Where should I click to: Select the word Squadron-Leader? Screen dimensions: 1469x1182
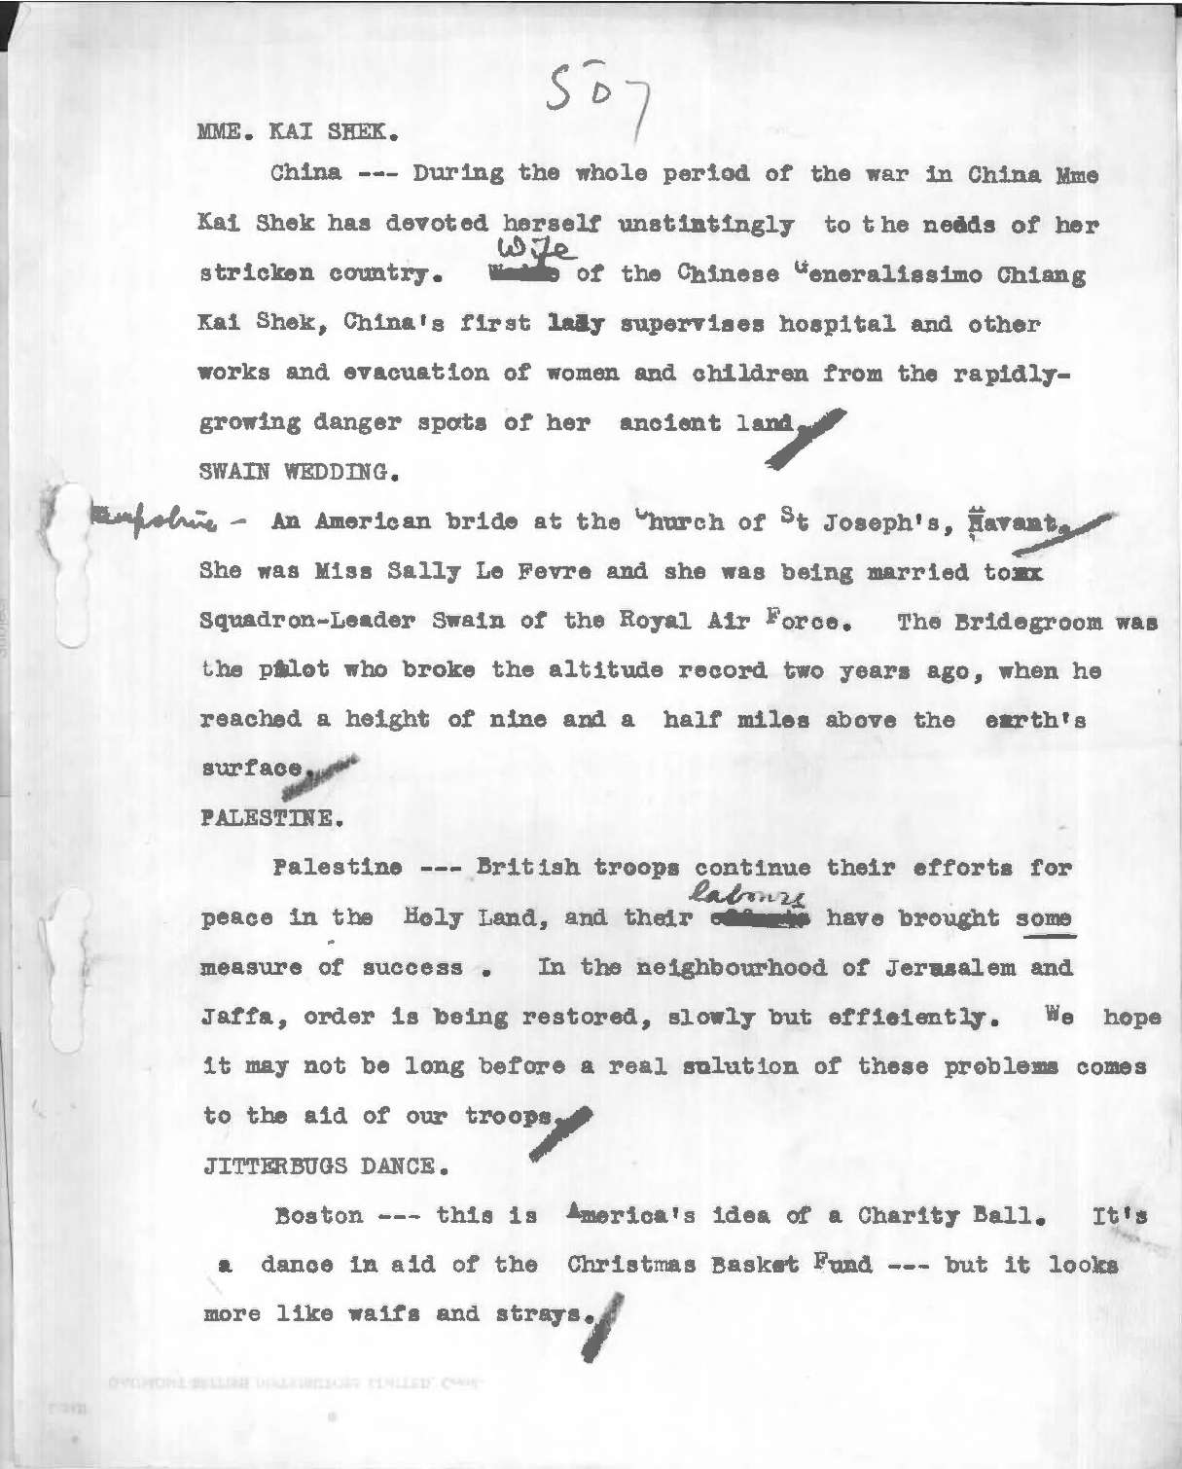coord(304,621)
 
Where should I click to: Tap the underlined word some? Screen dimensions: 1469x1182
coord(1044,918)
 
